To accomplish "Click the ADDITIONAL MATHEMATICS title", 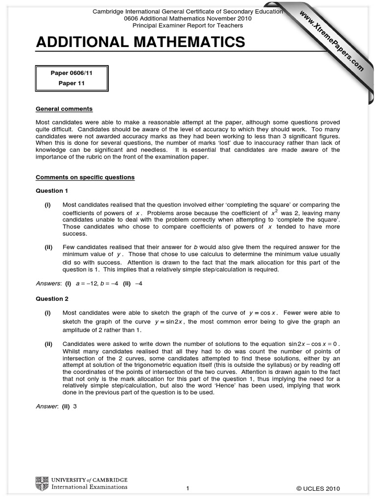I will [x=141, y=43].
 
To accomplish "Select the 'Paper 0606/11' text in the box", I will [x=71, y=73].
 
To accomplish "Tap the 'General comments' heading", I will [x=64, y=109].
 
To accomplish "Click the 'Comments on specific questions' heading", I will [x=85, y=177].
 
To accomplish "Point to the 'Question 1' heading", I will [x=49, y=190].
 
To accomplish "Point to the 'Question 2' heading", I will [x=49, y=299].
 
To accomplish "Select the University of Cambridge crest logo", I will [x=42, y=484].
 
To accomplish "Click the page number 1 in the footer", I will [x=188, y=488].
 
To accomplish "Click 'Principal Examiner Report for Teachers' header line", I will [x=188, y=24].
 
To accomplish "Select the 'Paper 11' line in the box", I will [x=71, y=84].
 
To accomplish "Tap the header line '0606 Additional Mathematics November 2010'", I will [x=188, y=18].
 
